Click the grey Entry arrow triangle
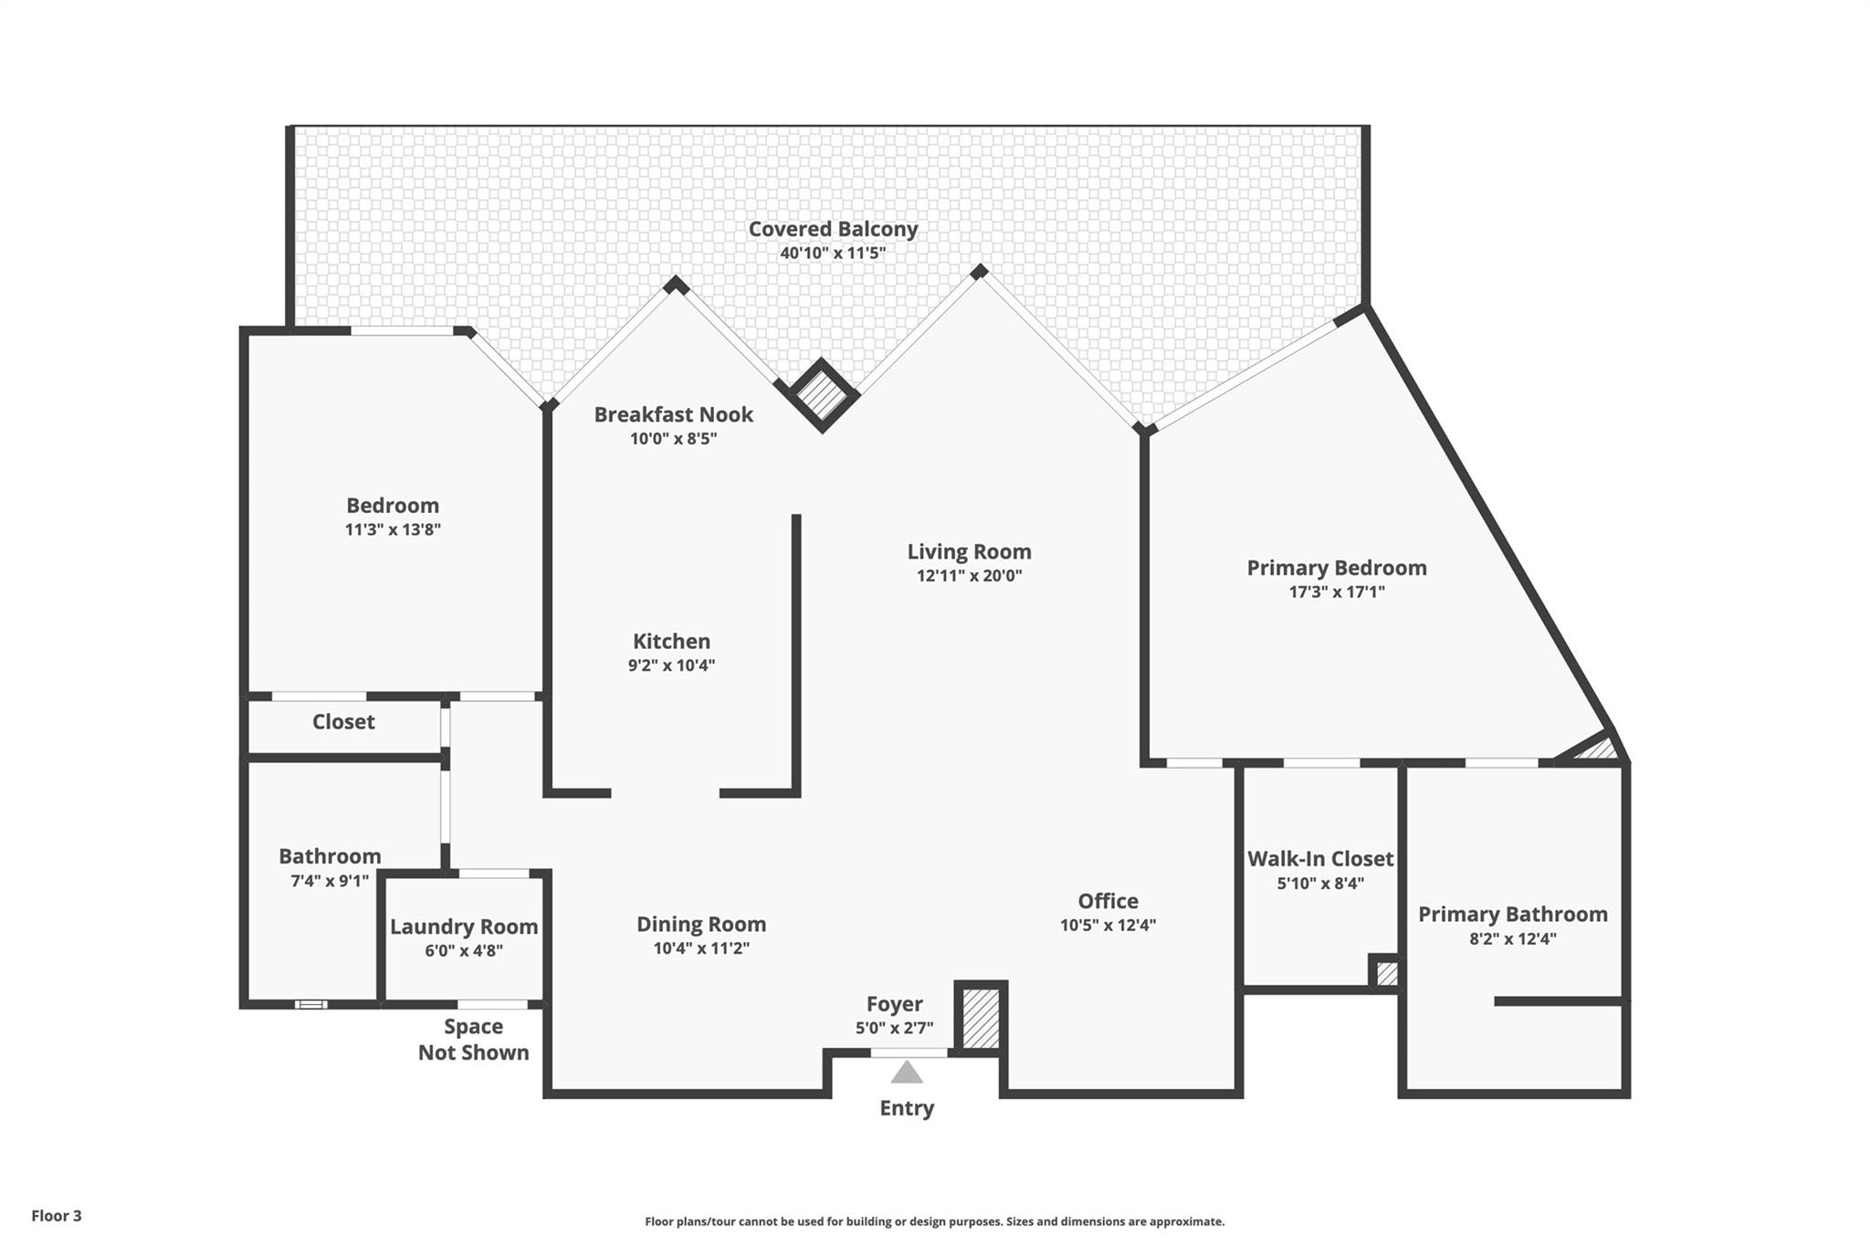coord(907,1072)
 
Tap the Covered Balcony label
coord(833,229)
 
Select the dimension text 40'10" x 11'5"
coord(833,253)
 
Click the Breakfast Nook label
coord(674,414)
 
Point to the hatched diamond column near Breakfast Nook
coord(822,394)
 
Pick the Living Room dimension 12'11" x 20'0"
coord(970,576)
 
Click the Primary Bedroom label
coord(1337,568)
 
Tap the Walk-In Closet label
coord(1320,859)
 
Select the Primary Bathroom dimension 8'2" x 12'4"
coord(1513,938)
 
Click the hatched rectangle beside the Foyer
coord(982,1018)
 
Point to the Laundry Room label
coord(464,927)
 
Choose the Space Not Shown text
coord(473,1040)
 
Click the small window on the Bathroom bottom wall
coord(310,1004)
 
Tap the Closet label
coord(343,722)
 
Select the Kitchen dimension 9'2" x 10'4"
coord(671,665)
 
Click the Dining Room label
coord(701,925)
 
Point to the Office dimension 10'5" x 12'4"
coord(1108,925)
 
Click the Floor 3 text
coord(57,1216)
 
